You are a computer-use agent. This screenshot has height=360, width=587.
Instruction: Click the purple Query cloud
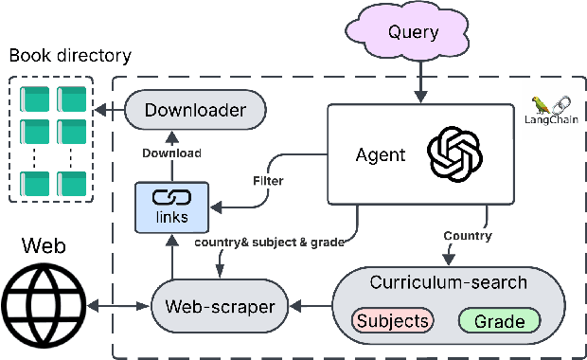pos(414,32)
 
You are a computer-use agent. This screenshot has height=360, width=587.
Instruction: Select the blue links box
pos(171,207)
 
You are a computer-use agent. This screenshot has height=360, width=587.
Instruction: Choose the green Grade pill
pos(499,321)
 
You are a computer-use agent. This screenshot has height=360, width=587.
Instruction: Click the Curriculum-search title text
pos(447,282)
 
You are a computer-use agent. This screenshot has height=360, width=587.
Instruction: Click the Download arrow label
pos(171,153)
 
